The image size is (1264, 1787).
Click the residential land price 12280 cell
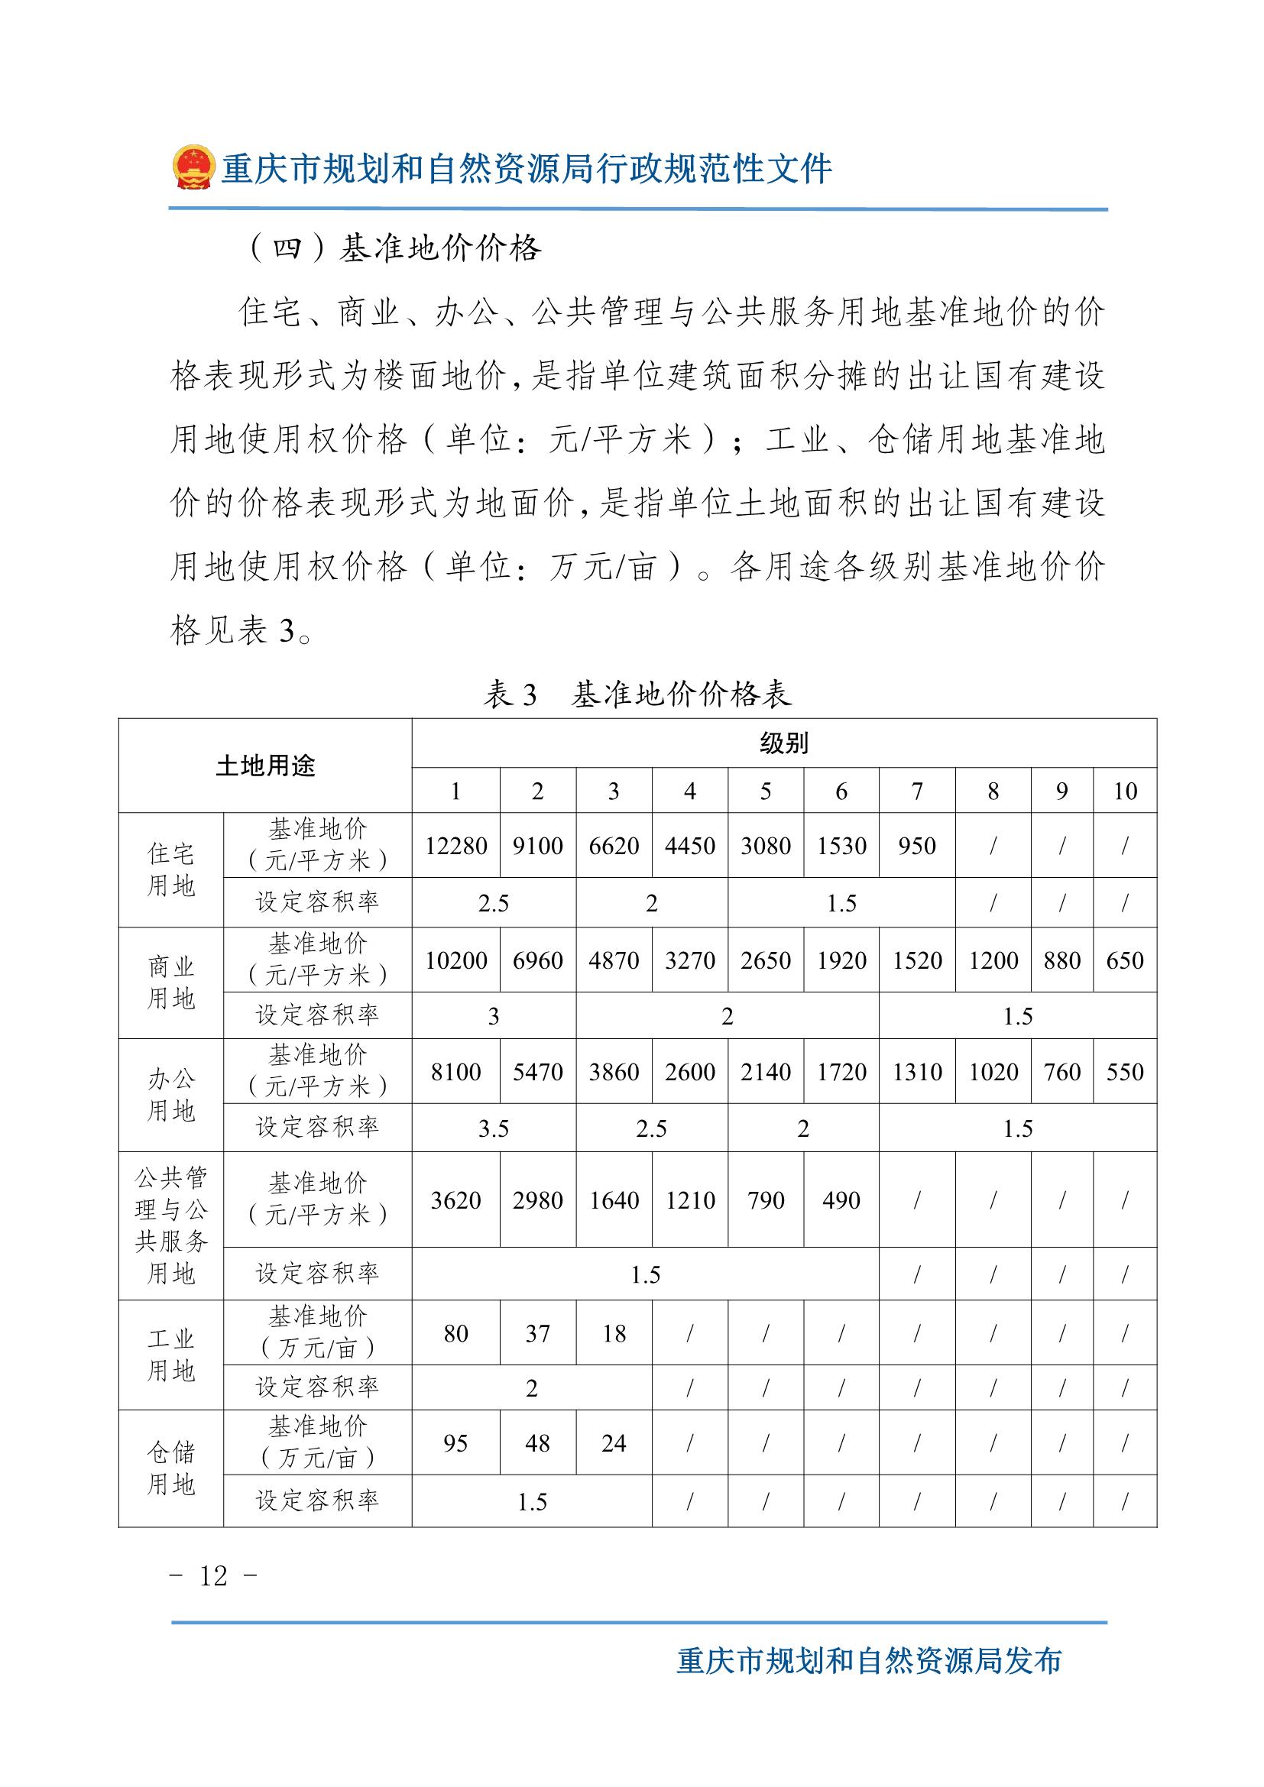pyautogui.click(x=455, y=846)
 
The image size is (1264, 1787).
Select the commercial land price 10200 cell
pyautogui.click(x=455, y=960)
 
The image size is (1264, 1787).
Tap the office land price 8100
pyautogui.click(x=455, y=1072)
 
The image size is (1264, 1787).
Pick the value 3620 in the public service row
pyautogui.click(x=455, y=1200)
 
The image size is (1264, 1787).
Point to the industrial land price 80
pyautogui.click(x=455, y=1333)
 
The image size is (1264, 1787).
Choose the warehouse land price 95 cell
pyautogui.click(x=455, y=1444)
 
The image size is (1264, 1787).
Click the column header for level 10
pyautogui.click(x=1125, y=792)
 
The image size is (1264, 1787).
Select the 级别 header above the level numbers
pyautogui.click(x=784, y=744)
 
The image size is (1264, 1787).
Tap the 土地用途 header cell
pyautogui.click(x=264, y=766)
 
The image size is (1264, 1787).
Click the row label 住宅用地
pyautogui.click(x=170, y=870)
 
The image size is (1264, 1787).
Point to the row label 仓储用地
pyautogui.click(x=170, y=1468)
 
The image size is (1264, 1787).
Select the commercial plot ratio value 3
pyautogui.click(x=494, y=1016)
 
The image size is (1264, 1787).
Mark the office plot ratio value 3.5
pyautogui.click(x=494, y=1128)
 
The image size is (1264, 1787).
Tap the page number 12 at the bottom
pyautogui.click(x=213, y=1576)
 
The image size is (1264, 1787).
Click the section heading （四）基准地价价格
pyautogui.click(x=394, y=249)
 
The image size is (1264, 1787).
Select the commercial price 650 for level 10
pyautogui.click(x=1125, y=960)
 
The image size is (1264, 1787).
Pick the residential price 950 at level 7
pyautogui.click(x=917, y=846)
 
